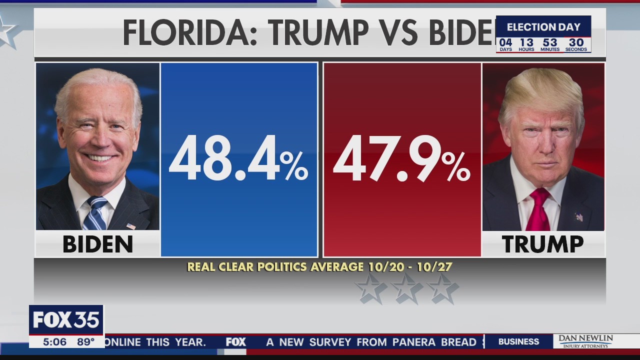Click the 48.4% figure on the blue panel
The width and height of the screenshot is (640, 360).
(x=238, y=159)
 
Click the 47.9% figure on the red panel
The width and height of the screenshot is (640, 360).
(x=401, y=159)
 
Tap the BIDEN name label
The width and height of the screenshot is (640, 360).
(x=97, y=244)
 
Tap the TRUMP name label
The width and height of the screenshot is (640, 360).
(x=542, y=244)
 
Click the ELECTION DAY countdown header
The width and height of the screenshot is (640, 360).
(x=543, y=27)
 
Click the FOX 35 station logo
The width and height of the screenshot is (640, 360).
(x=66, y=320)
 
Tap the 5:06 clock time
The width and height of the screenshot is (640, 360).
(x=54, y=342)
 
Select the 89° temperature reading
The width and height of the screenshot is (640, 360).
(x=85, y=342)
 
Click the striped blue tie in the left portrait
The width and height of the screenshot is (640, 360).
(x=95, y=212)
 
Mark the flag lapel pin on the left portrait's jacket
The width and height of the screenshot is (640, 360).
(x=130, y=226)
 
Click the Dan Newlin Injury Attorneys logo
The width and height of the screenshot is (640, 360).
(x=585, y=341)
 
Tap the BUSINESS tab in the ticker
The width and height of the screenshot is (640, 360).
(x=518, y=342)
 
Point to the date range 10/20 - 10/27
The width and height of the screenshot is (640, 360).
(x=410, y=267)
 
